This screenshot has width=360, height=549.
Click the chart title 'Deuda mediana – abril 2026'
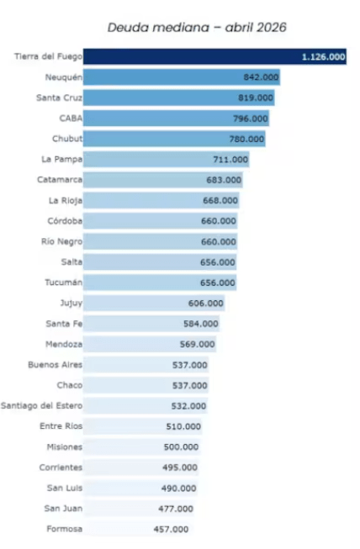tap(197, 27)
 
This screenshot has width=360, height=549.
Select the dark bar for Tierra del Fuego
tap(214, 56)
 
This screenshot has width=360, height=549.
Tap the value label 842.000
tap(262, 77)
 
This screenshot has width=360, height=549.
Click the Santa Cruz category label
tap(59, 98)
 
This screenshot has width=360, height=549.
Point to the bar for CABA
tap(176, 119)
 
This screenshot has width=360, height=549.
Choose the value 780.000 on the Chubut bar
tap(246, 139)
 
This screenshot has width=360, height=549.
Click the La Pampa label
tap(62, 159)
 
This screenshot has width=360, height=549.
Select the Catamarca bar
tap(163, 180)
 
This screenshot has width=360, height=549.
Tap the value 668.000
tap(220, 201)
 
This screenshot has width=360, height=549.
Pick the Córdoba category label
tap(65, 221)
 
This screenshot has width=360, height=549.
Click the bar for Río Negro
tap(160, 241)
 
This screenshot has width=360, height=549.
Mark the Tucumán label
tap(63, 282)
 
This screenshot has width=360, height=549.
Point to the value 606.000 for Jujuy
tap(205, 304)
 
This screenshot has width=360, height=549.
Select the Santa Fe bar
tap(151, 324)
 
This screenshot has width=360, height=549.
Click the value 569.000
tap(197, 344)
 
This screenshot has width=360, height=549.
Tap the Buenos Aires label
tap(55, 365)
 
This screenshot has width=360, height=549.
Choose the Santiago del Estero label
tap(42, 406)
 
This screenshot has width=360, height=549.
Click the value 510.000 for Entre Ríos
tap(183, 426)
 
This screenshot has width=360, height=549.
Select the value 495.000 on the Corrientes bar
tap(180, 467)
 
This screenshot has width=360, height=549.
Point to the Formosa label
tap(65, 529)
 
